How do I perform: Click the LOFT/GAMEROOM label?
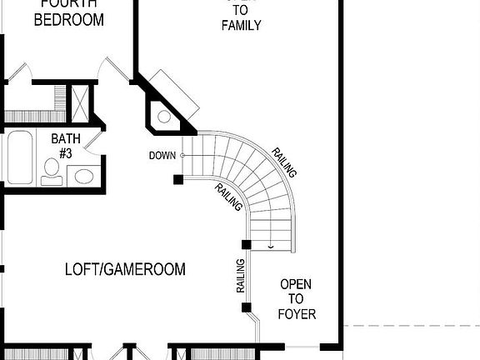[x=125, y=269]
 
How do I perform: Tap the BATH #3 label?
[x=66, y=145]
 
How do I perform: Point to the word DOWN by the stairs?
[x=162, y=155]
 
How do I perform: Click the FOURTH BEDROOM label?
[x=68, y=12]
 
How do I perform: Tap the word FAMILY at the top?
[x=241, y=25]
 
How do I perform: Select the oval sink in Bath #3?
[x=82, y=175]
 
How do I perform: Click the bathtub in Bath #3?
[x=18, y=157]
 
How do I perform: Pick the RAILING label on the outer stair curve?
[x=284, y=162]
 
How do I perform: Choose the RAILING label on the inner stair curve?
[x=228, y=197]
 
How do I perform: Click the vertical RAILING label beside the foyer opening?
[x=240, y=276]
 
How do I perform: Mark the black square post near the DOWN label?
[x=177, y=178]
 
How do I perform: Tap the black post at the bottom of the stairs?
[x=246, y=244]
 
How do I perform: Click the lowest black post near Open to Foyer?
[x=246, y=307]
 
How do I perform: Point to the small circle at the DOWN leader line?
[x=182, y=155]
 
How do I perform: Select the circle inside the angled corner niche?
[x=164, y=116]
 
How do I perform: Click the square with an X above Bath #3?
[x=81, y=102]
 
